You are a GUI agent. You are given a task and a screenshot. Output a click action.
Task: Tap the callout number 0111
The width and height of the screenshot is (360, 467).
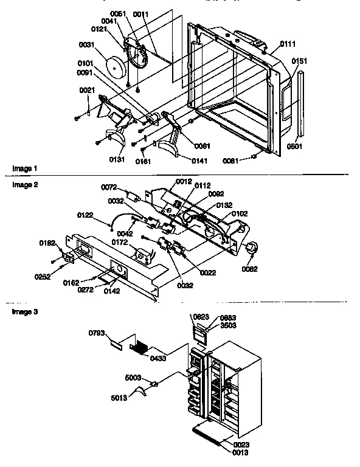click(288, 45)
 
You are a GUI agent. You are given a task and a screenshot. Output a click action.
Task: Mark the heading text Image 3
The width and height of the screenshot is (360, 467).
click(22, 311)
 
